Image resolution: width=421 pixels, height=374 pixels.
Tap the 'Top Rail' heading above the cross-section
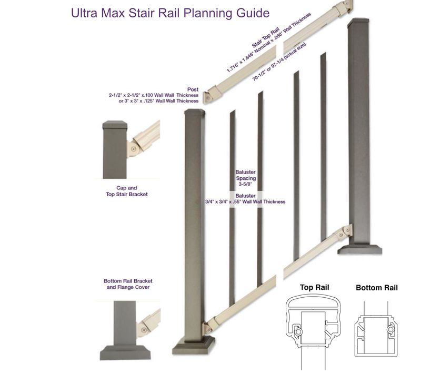tap(314, 288)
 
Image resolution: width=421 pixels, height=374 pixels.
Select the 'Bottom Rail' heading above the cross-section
tap(376, 288)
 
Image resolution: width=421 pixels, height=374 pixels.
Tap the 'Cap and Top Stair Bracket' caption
tap(124, 191)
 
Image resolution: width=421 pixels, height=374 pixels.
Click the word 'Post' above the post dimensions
tap(192, 89)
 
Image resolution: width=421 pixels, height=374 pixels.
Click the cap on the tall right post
tap(358, 24)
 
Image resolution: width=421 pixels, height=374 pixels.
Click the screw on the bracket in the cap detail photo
tap(134, 150)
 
